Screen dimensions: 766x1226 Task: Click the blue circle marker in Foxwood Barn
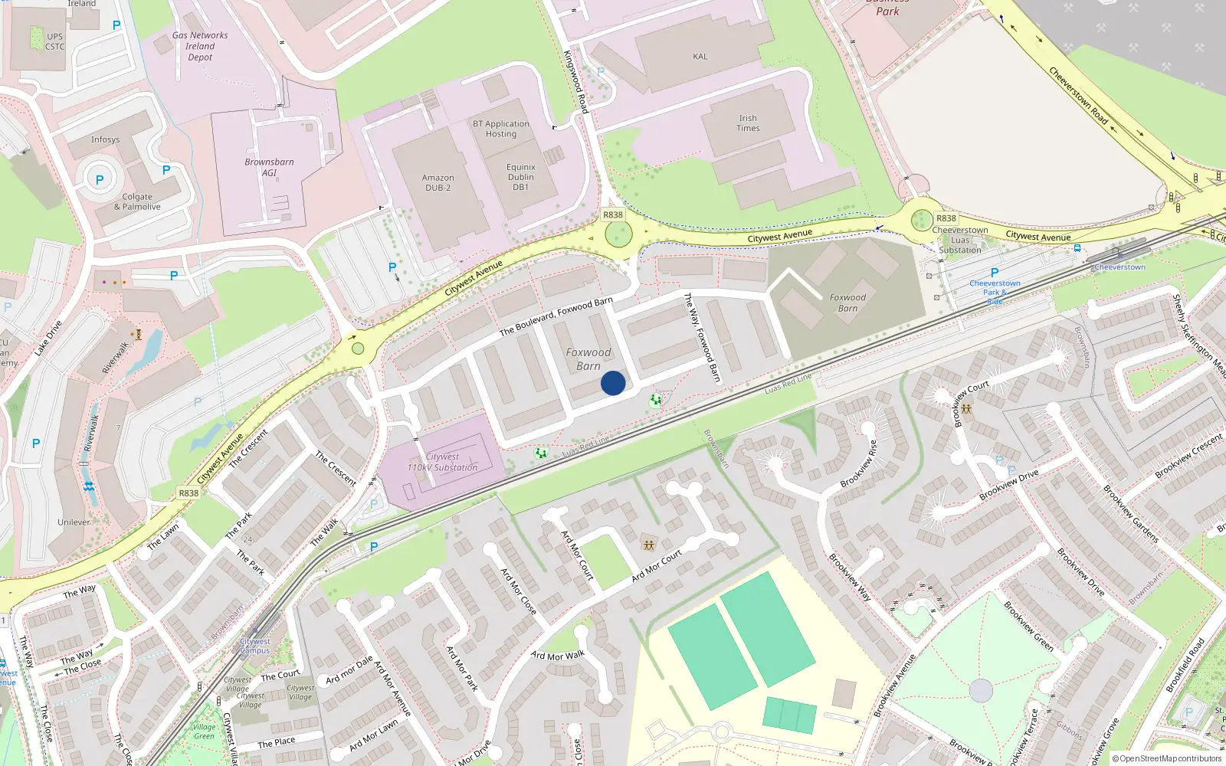tap(613, 383)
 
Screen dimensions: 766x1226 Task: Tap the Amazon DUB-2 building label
tap(438, 182)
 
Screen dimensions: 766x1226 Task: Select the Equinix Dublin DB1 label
tap(521, 177)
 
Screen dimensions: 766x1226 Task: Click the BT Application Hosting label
tap(501, 129)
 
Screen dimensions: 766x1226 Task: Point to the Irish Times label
tap(748, 123)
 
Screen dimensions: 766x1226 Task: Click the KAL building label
tap(700, 57)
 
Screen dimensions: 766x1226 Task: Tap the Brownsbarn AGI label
tap(269, 167)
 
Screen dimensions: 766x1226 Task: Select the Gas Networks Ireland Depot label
tap(200, 46)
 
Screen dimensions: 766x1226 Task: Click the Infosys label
tap(105, 139)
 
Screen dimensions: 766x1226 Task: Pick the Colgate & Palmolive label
tap(137, 201)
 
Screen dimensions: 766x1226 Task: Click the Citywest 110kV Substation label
tap(442, 462)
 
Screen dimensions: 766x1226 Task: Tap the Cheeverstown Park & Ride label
tap(995, 292)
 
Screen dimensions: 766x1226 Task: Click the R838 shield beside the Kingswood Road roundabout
tap(613, 214)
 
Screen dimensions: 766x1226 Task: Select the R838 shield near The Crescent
tap(188, 493)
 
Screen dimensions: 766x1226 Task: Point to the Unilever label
tap(74, 522)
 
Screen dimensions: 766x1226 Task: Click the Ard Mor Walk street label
tap(558, 656)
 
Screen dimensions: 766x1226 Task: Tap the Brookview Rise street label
tap(857, 463)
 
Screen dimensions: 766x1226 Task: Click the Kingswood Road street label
tap(575, 82)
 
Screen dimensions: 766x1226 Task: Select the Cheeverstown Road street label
tap(1078, 96)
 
